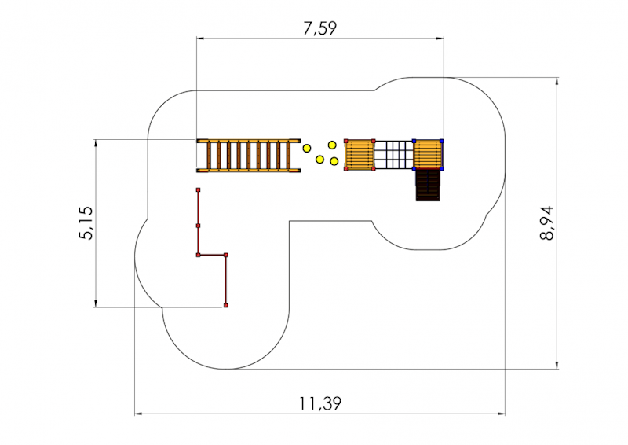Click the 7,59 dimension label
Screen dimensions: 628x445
pyautogui.click(x=319, y=28)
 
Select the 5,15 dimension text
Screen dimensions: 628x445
pyautogui.click(x=86, y=222)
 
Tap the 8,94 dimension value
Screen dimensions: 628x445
pyautogui.click(x=546, y=222)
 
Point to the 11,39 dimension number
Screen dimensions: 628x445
pyautogui.click(x=320, y=403)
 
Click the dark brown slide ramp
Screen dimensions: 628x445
pyautogui.click(x=428, y=185)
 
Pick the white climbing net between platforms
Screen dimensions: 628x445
pyautogui.click(x=394, y=155)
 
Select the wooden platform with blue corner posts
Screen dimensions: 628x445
pyautogui.click(x=428, y=154)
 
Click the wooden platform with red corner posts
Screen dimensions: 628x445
pyautogui.click(x=360, y=155)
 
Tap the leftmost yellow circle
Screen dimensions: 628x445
pyautogui.click(x=307, y=149)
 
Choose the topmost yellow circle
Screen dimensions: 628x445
pyautogui.click(x=332, y=145)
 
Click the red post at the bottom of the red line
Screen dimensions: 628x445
pyautogui.click(x=226, y=306)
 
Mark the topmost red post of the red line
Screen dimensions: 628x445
pyautogui.click(x=199, y=189)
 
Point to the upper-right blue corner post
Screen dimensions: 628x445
pyautogui.click(x=441, y=141)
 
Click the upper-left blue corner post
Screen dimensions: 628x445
pyautogui.click(x=414, y=141)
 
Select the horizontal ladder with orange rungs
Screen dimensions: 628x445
pyautogui.click(x=249, y=156)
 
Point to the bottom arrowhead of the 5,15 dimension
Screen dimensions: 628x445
pyautogui.click(x=96, y=303)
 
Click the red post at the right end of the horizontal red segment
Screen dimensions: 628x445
pyautogui.click(x=226, y=255)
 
